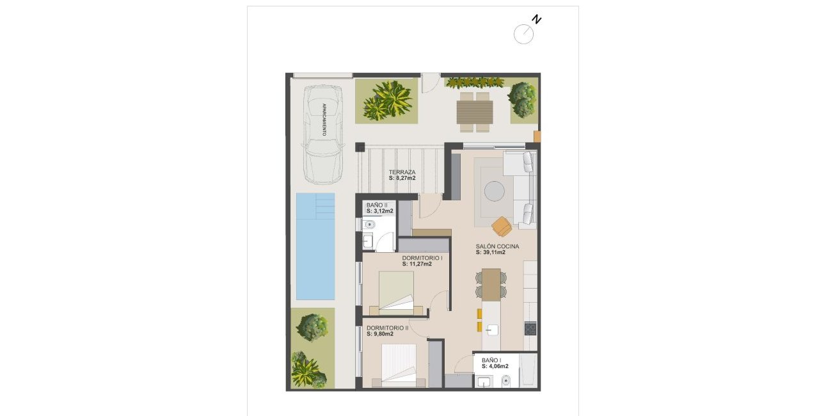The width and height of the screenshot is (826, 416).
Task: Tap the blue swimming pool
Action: click(315, 246)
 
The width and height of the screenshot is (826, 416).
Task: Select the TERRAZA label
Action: click(402, 172)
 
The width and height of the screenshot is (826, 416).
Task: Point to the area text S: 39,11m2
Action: click(491, 252)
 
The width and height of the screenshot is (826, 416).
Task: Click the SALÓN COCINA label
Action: click(497, 246)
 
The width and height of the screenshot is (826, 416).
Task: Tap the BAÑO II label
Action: click(377, 205)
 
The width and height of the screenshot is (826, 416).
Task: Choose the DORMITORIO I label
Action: click(422, 258)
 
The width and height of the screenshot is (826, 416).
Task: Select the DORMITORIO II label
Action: click(388, 328)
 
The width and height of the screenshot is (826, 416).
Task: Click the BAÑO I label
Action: click(491, 360)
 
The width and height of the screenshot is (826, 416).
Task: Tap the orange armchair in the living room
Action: click(502, 226)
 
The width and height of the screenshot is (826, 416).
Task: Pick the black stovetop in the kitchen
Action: click(530, 329)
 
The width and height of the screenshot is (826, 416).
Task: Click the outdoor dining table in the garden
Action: click(474, 113)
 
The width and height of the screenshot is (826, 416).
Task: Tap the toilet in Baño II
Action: click(369, 225)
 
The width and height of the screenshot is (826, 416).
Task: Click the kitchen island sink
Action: click(492, 330)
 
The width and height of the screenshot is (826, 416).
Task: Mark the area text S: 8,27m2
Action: click(402, 179)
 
